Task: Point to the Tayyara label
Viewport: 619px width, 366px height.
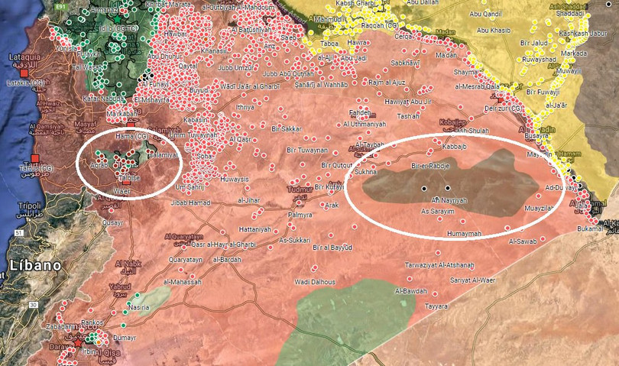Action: coord(436,306)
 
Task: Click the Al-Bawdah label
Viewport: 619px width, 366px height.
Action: coord(411,291)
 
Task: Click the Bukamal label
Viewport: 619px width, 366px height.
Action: coord(591,228)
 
